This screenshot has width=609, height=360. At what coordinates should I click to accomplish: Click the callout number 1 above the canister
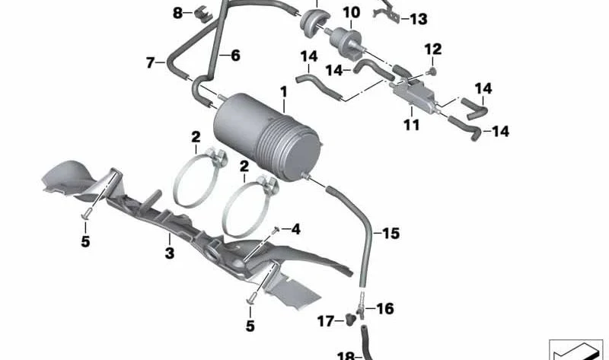[x=284, y=92]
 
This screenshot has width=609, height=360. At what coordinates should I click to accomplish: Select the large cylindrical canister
[x=267, y=137]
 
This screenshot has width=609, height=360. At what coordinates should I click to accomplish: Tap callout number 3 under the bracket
[x=170, y=253]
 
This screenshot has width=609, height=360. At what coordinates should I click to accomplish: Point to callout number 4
[x=295, y=229]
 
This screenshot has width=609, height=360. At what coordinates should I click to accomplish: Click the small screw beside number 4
[x=276, y=230]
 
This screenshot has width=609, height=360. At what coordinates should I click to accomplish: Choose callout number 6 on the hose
[x=235, y=56]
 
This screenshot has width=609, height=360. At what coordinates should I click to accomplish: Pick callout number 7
[x=151, y=62]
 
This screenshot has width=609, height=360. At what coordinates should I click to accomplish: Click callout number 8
[x=177, y=13]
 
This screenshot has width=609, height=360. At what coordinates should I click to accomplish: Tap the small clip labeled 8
[x=204, y=14]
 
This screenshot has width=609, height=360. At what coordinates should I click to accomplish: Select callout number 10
[x=351, y=12]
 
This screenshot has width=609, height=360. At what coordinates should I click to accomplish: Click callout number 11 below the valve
[x=411, y=125]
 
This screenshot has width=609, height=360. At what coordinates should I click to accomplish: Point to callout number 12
[x=432, y=49]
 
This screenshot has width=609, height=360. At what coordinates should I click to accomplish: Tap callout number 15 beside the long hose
[x=391, y=233]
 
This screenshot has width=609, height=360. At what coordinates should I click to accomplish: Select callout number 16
[x=385, y=309]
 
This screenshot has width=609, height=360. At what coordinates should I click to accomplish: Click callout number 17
[x=326, y=321]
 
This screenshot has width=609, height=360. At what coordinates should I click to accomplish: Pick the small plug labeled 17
[x=352, y=320]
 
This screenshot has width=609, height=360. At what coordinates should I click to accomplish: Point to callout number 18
[x=346, y=355]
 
